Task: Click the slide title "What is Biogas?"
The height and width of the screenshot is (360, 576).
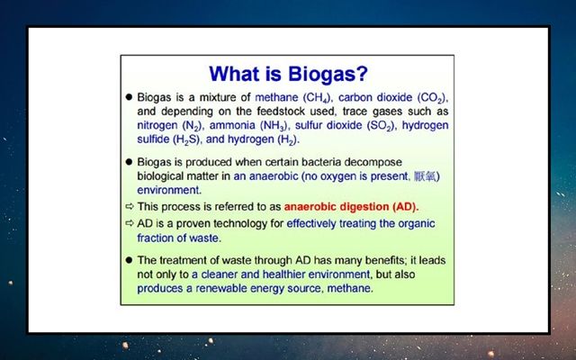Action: pos(288,74)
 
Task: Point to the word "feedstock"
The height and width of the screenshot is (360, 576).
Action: pos(282,111)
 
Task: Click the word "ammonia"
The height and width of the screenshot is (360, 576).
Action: pos(232,125)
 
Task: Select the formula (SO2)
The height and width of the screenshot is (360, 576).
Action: pos(382,126)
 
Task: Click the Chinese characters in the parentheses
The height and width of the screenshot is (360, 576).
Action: pos(425,176)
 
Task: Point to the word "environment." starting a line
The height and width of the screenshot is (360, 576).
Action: pos(169,190)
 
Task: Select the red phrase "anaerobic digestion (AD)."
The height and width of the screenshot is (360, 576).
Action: pos(352,207)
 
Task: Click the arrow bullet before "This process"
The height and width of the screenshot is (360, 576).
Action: pos(130,206)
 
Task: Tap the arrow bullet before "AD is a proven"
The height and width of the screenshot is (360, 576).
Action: pos(130,223)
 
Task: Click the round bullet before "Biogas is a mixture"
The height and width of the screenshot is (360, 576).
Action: pos(129,97)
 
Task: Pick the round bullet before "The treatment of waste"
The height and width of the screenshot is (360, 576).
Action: pos(129,260)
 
